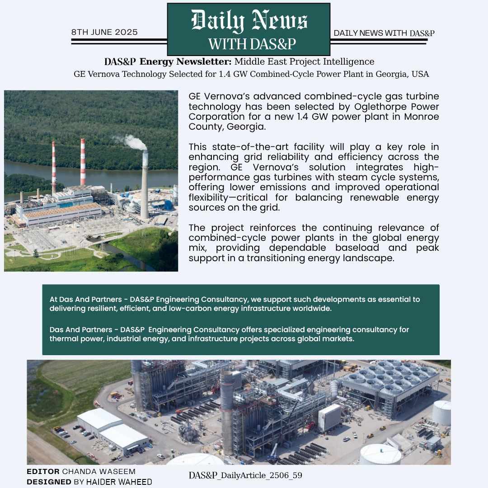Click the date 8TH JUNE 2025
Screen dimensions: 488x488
point(104,33)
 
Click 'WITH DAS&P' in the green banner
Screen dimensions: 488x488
point(252,44)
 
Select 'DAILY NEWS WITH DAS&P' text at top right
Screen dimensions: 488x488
point(384,33)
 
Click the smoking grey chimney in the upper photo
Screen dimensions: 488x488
point(145,190)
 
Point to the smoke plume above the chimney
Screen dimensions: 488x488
point(134,142)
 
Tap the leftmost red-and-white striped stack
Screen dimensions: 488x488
point(54,167)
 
